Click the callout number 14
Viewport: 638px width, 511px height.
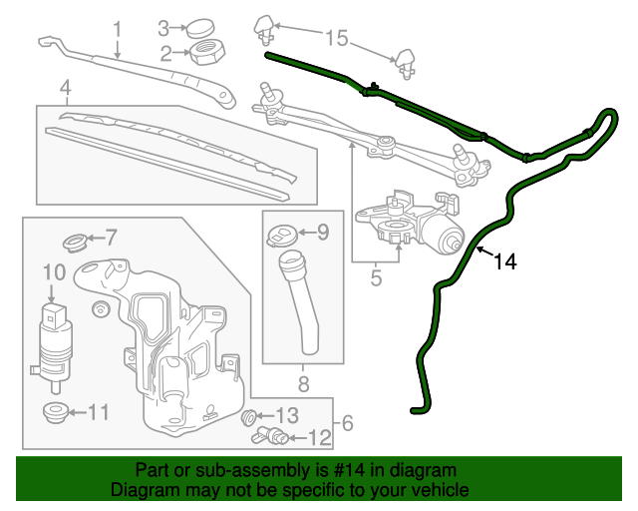pos(505,262)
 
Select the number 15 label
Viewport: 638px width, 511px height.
pos(337,39)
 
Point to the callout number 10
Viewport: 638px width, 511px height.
pos(54,270)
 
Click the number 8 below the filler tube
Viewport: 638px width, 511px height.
pos(303,382)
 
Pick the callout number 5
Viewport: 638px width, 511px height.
pos(376,278)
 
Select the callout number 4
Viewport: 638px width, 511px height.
pos(65,92)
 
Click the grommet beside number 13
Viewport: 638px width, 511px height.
pos(250,416)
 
